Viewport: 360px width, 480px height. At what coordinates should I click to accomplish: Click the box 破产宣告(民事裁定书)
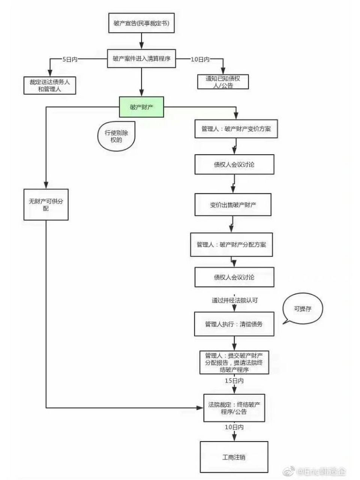[x=141, y=23]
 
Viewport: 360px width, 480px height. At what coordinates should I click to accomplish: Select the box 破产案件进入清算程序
[x=141, y=59]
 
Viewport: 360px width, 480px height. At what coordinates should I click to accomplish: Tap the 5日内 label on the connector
[x=70, y=59]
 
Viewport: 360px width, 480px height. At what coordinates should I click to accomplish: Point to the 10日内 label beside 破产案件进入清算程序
[x=200, y=59]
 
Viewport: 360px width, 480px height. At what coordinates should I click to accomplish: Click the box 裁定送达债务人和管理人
[x=49, y=85]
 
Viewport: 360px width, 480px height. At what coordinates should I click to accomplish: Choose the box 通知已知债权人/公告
[x=223, y=82]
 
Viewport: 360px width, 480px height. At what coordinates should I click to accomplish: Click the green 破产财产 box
[x=141, y=107]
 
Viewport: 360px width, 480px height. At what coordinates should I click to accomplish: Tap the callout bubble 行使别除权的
[x=116, y=136]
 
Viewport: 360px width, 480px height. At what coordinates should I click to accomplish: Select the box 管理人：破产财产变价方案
[x=236, y=129]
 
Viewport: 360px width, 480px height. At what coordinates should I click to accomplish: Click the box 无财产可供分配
[x=46, y=204]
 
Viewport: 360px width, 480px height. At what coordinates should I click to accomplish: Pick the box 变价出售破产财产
[x=233, y=205]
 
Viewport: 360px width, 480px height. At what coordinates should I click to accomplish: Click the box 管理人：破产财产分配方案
[x=231, y=245]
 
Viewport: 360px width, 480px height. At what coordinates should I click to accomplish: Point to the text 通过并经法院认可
[x=234, y=300]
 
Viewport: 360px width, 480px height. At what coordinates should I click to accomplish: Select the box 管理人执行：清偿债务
[x=234, y=324]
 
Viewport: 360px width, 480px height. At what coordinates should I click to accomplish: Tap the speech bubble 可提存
[x=302, y=309]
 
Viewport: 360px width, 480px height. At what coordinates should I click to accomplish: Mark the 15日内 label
[x=234, y=381]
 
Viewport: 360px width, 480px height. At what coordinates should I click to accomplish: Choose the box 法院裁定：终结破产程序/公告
[x=234, y=408]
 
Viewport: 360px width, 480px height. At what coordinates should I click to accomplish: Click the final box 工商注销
[x=234, y=457]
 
